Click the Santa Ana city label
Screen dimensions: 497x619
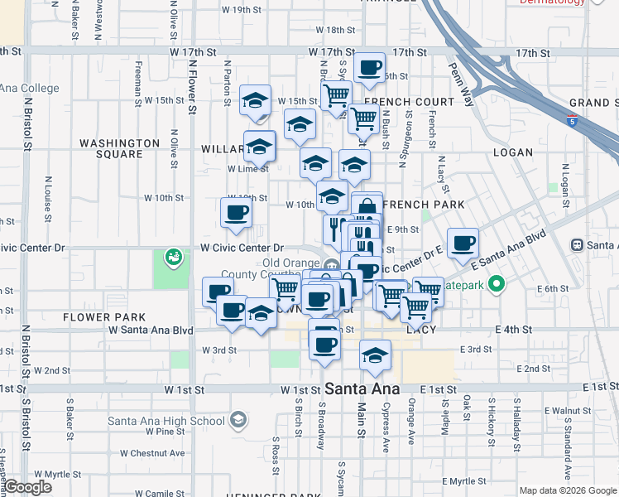[x=362, y=388]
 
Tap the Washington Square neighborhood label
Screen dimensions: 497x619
[x=119, y=148]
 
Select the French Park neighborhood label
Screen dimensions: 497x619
[x=422, y=204]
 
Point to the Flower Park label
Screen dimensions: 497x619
[x=103, y=316]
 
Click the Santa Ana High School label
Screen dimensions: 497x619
[x=166, y=420]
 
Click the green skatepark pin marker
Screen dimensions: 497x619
[x=497, y=287]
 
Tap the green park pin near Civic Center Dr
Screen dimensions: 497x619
[x=174, y=258]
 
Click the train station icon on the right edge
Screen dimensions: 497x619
[x=578, y=244]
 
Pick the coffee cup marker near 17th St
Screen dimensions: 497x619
[x=369, y=67]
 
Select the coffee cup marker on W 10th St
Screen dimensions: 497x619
[x=236, y=212]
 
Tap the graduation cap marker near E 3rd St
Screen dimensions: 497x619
[x=376, y=355]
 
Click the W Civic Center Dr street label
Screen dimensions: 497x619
[x=242, y=248]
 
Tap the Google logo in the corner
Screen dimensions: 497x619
[x=27, y=487]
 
